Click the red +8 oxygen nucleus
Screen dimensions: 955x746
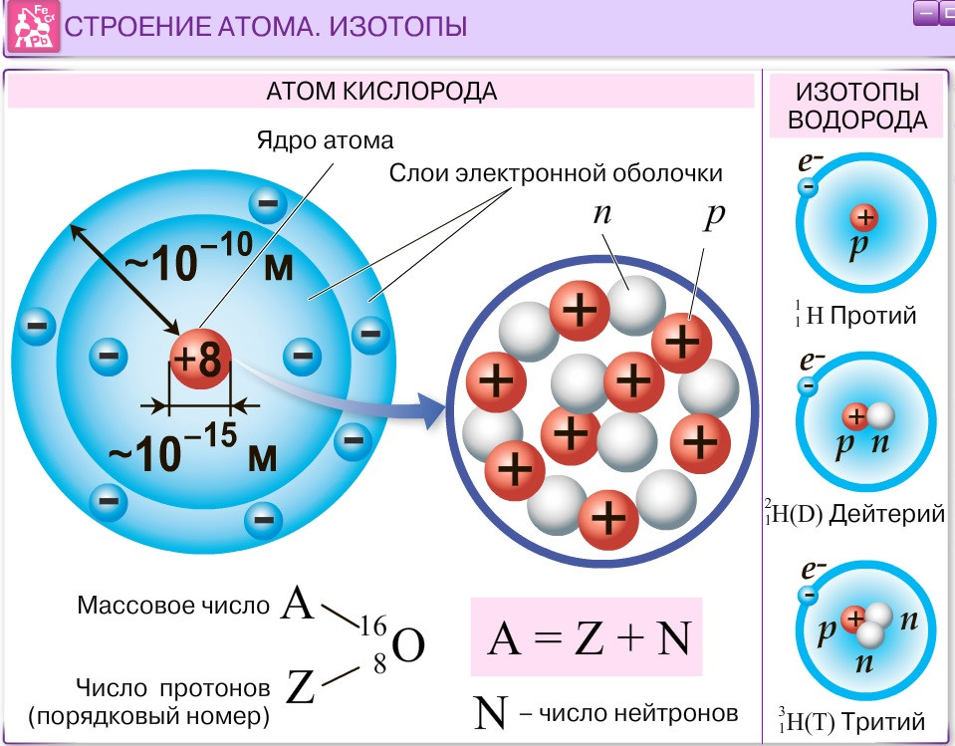tap(200, 359)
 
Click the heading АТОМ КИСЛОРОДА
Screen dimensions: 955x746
tap(381, 92)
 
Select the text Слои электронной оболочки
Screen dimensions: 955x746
tap(555, 172)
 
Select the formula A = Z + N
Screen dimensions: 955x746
tap(588, 637)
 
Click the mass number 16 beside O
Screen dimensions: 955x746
tap(372, 625)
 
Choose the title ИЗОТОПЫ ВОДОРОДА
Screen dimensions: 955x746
tap(858, 107)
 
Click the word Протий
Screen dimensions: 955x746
tap(873, 317)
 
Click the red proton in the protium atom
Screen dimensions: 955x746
tap(864, 218)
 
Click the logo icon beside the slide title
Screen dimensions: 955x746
tap(31, 27)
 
